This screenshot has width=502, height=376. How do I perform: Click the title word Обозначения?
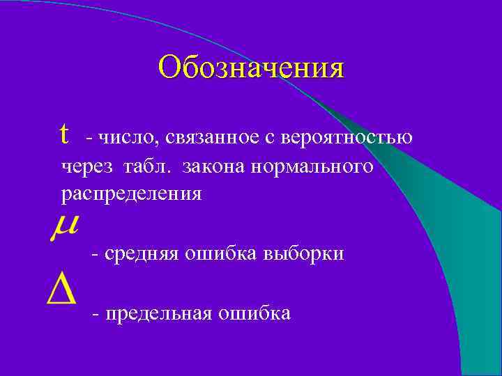pyautogui.click(x=251, y=68)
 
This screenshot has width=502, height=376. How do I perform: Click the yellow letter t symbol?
pyautogui.click(x=65, y=133)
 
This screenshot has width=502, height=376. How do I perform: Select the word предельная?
pyautogui.click(x=158, y=314)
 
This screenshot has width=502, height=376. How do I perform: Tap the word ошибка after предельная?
pyautogui.click(x=254, y=314)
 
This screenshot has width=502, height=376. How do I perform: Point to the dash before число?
pyautogui.click(x=89, y=139)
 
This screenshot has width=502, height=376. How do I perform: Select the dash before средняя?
pyautogui.click(x=95, y=255)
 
